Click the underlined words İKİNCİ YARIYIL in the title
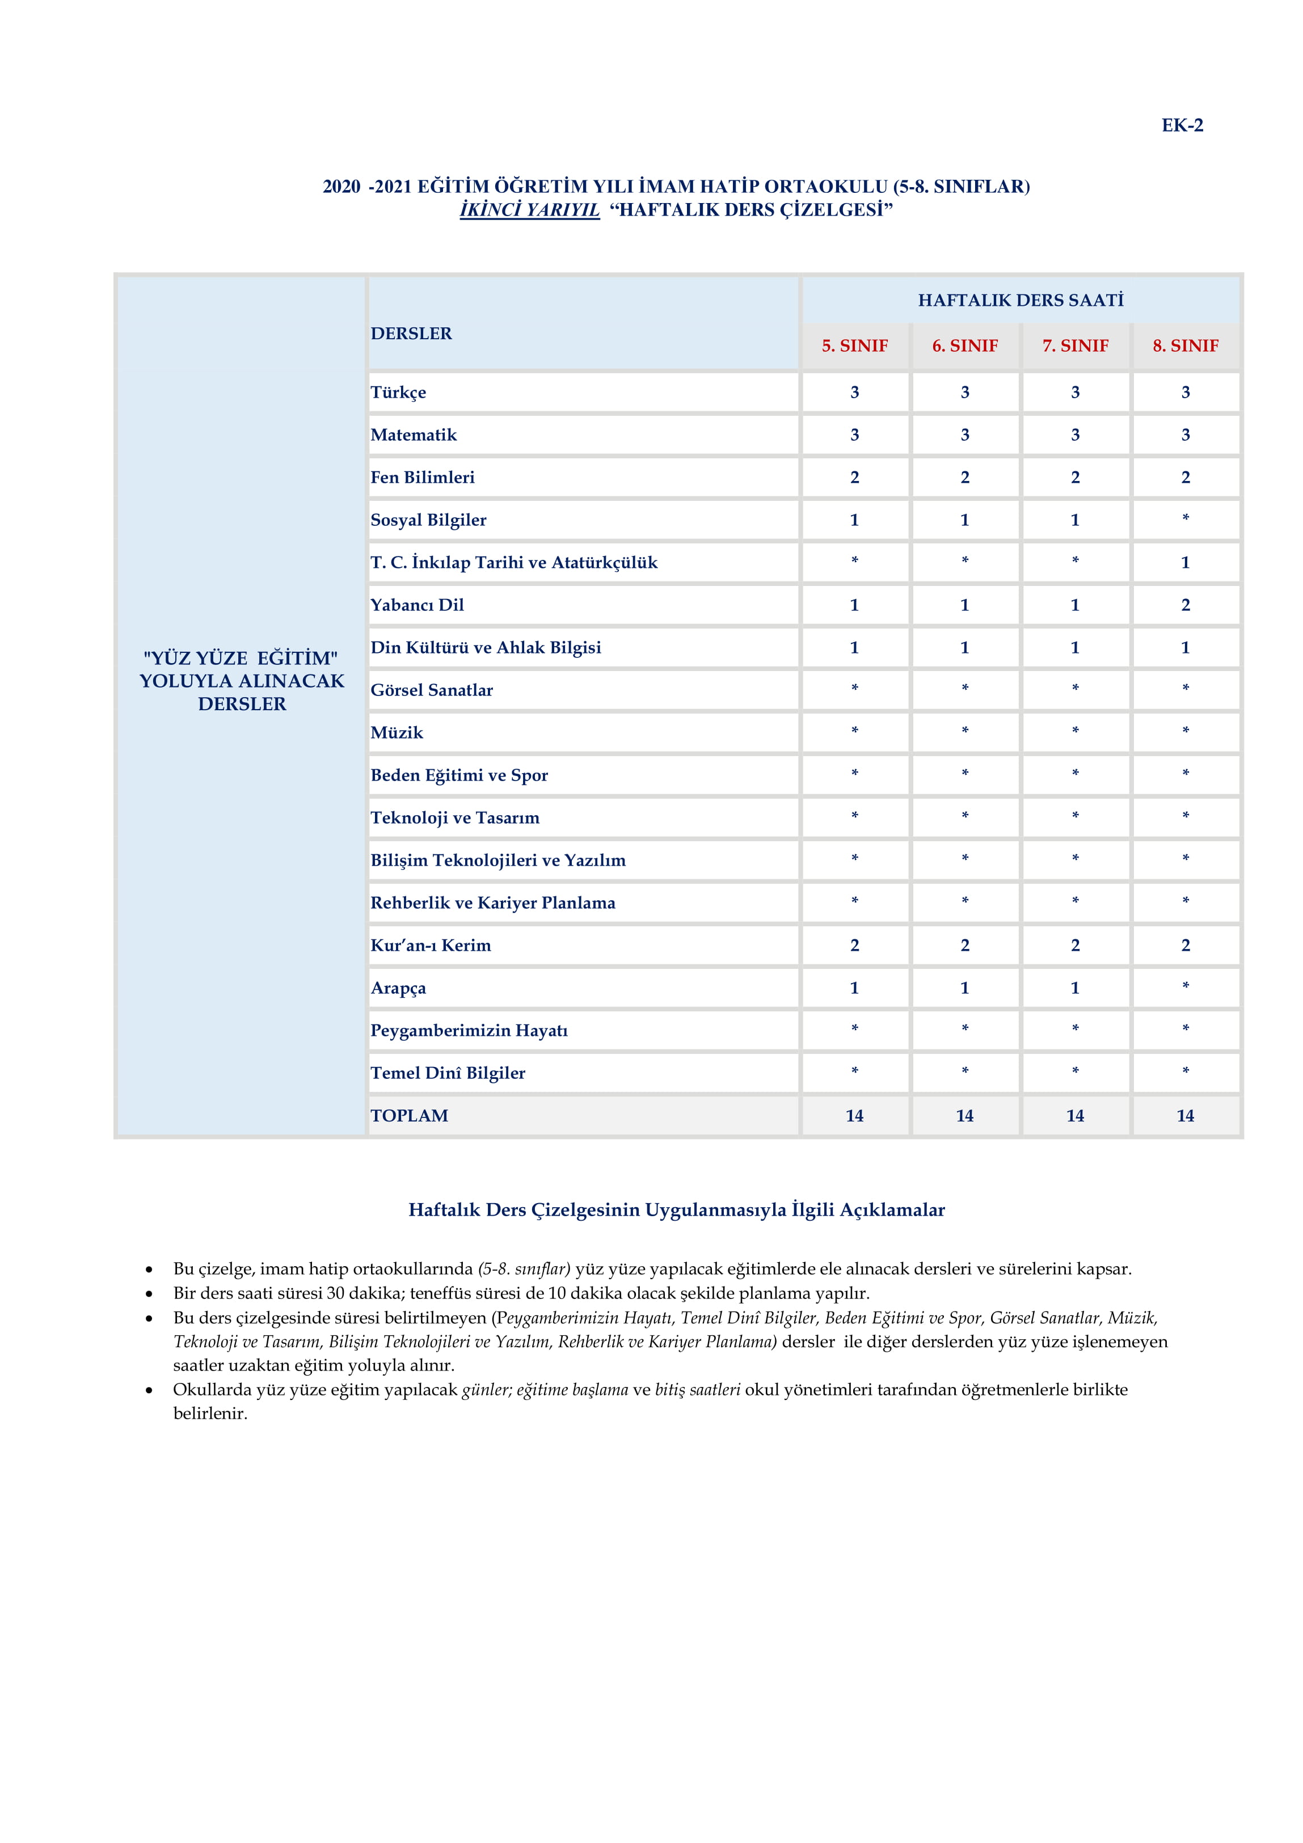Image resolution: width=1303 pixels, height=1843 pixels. pos(529,210)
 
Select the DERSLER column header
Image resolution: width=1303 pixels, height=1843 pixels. pos(411,333)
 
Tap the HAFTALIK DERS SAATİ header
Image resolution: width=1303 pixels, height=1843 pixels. pos(1021,300)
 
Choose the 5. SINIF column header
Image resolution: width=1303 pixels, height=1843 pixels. pos(854,346)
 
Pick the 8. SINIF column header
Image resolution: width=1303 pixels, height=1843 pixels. pos(1185,346)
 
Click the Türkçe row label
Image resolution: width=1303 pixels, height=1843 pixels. pos(398,393)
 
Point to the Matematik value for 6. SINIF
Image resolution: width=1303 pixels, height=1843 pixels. pos(964,435)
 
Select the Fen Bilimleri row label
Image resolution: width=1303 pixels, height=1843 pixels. pos(422,478)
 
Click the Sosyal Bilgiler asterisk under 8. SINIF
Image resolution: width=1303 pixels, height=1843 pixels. pos(1185,518)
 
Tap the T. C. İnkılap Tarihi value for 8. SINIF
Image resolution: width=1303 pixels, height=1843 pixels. pos(1185,563)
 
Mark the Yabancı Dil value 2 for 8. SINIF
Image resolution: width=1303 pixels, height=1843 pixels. pos(1185,605)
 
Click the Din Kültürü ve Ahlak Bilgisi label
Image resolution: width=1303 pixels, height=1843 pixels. pos(486,648)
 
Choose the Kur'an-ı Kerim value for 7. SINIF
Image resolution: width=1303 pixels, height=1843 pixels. pos(1075,946)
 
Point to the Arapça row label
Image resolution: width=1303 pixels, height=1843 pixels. pos(398,988)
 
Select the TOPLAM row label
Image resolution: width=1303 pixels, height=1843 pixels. pos(410,1116)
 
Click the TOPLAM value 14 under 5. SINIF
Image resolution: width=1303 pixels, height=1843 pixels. pos(854,1116)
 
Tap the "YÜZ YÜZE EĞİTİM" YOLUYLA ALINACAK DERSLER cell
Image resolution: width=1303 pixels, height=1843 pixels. pos(242,681)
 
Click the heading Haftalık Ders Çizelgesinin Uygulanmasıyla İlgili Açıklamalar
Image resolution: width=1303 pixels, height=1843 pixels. pos(676,1210)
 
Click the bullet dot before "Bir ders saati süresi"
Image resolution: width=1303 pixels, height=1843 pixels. pos(149,1294)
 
